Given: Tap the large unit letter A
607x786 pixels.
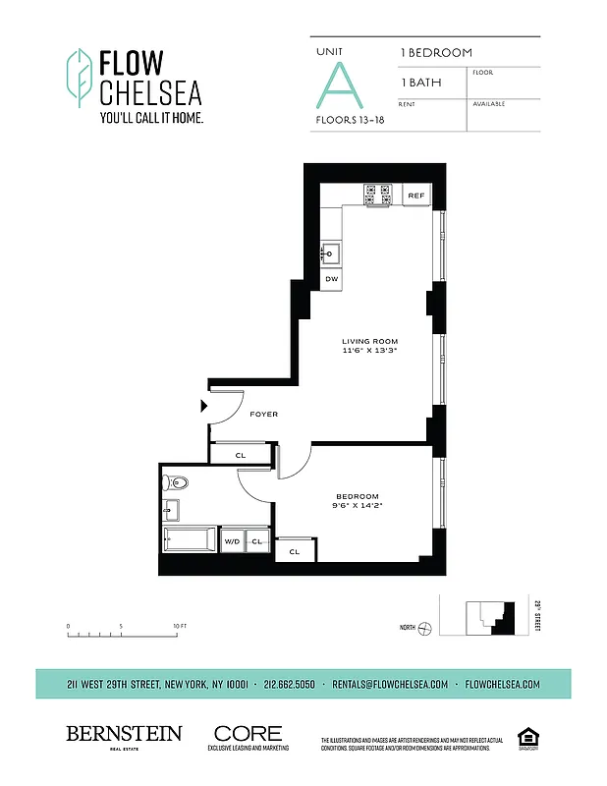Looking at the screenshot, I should pyautogui.click(x=341, y=85).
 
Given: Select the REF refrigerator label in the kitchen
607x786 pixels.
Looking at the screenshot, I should pyautogui.click(x=416, y=196).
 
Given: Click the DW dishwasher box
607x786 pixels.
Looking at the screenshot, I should pyautogui.click(x=332, y=279).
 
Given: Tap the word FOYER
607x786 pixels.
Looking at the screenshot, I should pyautogui.click(x=264, y=415).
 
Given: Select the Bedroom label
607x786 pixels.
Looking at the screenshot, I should pyautogui.click(x=358, y=496).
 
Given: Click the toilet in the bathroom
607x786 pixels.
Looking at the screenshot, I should pyautogui.click(x=176, y=482).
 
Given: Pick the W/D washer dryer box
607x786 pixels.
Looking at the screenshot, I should pyautogui.click(x=233, y=540).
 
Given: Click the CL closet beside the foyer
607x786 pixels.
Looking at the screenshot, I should pyautogui.click(x=241, y=455).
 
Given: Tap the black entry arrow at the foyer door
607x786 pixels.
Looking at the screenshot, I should pyautogui.click(x=204, y=405).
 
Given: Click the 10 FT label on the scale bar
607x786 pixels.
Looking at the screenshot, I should pyautogui.click(x=179, y=626).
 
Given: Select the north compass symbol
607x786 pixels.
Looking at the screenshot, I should pyautogui.click(x=423, y=628).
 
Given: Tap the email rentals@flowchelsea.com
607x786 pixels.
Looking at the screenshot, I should pyautogui.click(x=390, y=684).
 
